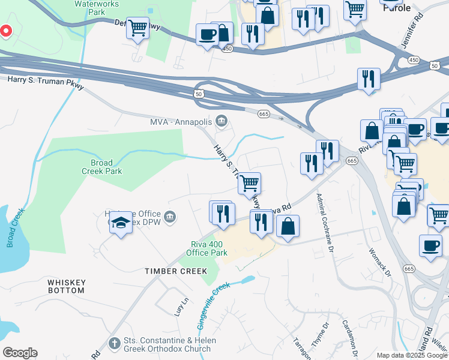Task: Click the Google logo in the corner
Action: (20, 353)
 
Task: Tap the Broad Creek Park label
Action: (106, 167)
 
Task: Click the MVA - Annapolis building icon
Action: (221, 122)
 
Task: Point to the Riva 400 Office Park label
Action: (206, 248)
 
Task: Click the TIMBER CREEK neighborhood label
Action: (171, 271)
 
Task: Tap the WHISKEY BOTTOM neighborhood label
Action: (67, 286)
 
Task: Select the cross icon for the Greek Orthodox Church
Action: (115, 344)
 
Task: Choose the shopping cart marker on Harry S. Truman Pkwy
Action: (250, 183)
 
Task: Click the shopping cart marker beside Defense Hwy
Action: (138, 28)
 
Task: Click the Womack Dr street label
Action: (379, 263)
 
